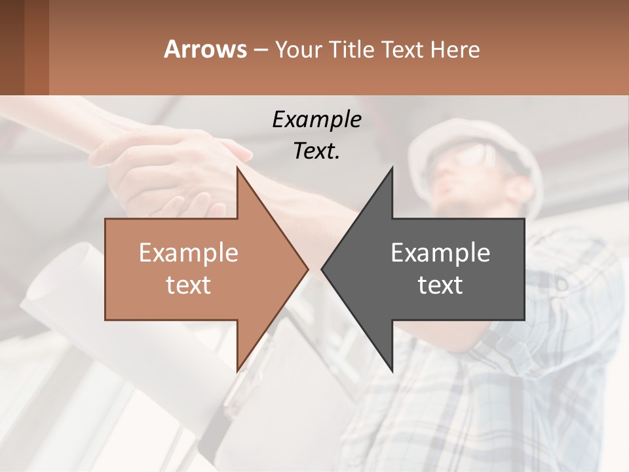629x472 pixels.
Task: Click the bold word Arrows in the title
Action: [x=206, y=49]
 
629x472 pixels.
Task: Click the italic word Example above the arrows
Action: [x=316, y=119]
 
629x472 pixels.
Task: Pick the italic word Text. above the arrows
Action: [x=316, y=151]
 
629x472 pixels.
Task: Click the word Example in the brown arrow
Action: [x=188, y=252]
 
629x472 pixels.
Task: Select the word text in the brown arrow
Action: [x=188, y=285]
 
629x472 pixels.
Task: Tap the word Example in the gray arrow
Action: [x=440, y=252]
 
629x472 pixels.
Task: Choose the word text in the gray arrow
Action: [x=440, y=285]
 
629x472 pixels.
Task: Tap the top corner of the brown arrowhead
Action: [x=237, y=169]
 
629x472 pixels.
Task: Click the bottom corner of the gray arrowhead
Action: [x=392, y=368]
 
